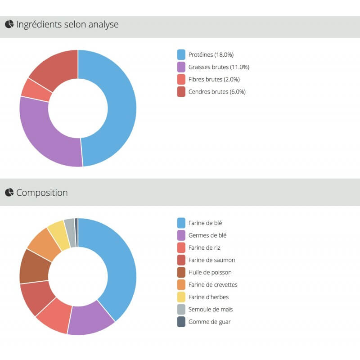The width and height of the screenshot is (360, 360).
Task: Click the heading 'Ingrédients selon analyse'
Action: pos(67,25)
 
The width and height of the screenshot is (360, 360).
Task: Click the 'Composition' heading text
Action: pos(42,193)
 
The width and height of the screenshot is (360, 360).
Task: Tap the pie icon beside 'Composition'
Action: pos(9,193)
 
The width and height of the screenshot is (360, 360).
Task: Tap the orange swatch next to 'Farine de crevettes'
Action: pos(181,285)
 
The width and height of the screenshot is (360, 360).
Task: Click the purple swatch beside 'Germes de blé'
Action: pos(181,235)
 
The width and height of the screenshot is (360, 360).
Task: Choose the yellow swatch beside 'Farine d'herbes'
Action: pos(181,297)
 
